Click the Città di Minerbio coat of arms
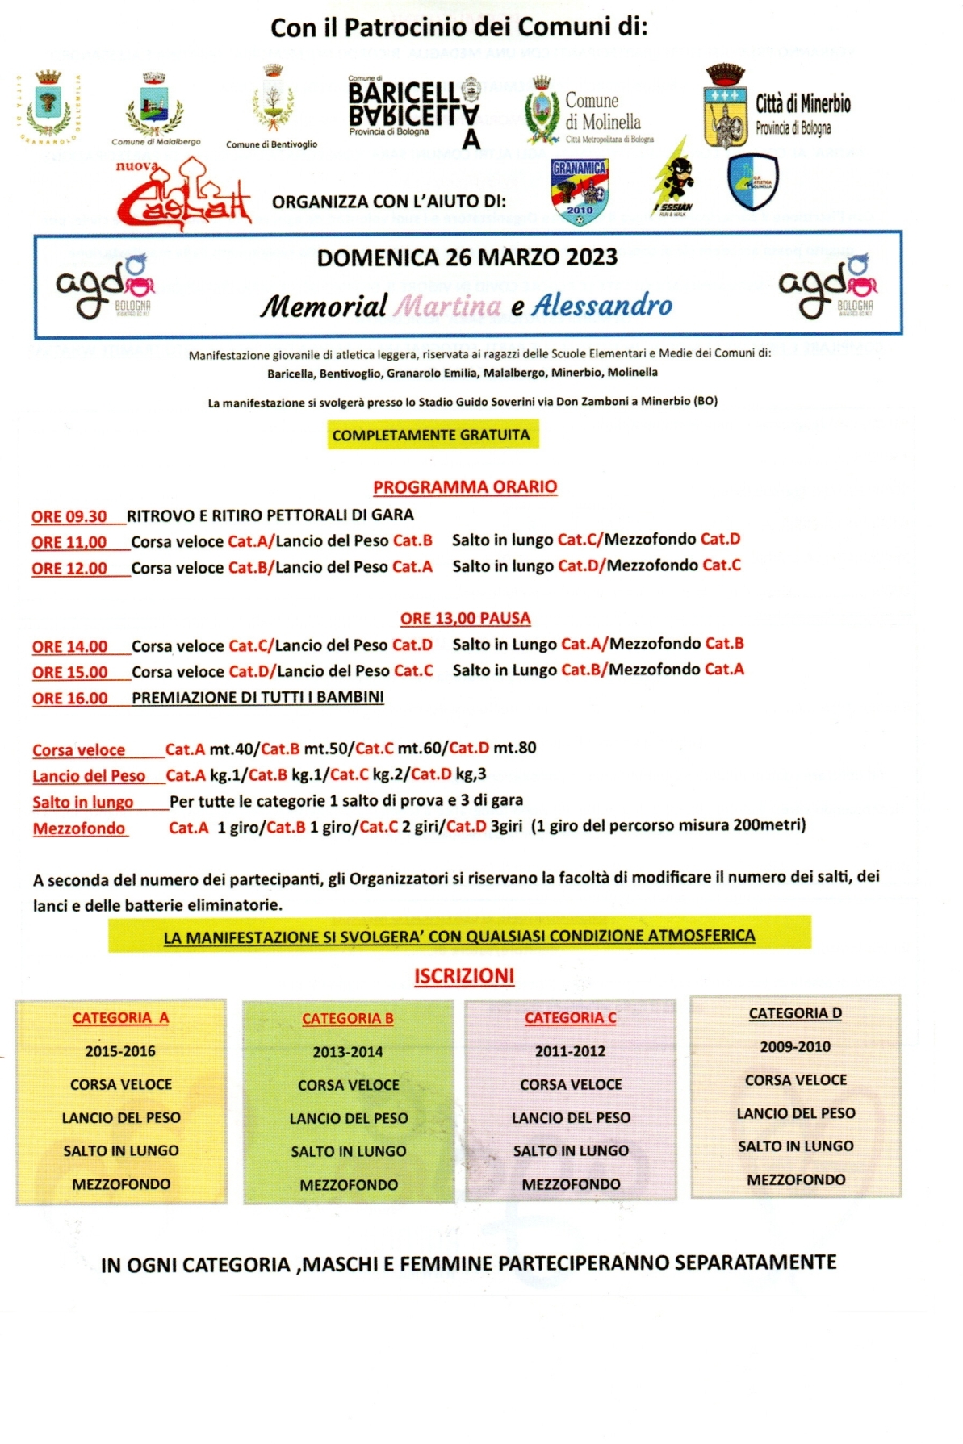pyautogui.click(x=726, y=109)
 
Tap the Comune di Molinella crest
pyautogui.click(x=542, y=111)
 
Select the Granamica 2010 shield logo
pyautogui.click(x=580, y=191)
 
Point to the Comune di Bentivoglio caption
pyautogui.click(x=271, y=144)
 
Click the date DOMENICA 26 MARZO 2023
pyautogui.click(x=467, y=257)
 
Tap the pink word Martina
pyautogui.click(x=448, y=306)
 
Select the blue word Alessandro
pyautogui.click(x=601, y=305)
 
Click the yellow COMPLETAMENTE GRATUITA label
pyautogui.click(x=431, y=436)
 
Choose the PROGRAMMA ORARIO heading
pyautogui.click(x=465, y=487)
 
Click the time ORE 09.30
pyautogui.click(x=69, y=516)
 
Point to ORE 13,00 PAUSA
pyautogui.click(x=465, y=619)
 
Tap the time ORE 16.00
pyautogui.click(x=70, y=699)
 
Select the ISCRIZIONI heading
pyautogui.click(x=464, y=976)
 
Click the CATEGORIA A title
pyautogui.click(x=120, y=1018)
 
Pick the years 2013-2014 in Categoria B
pyautogui.click(x=348, y=1052)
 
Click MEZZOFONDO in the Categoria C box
pyautogui.click(x=571, y=1184)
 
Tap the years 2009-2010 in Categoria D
pyautogui.click(x=795, y=1046)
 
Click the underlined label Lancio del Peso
pyautogui.click(x=89, y=776)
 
